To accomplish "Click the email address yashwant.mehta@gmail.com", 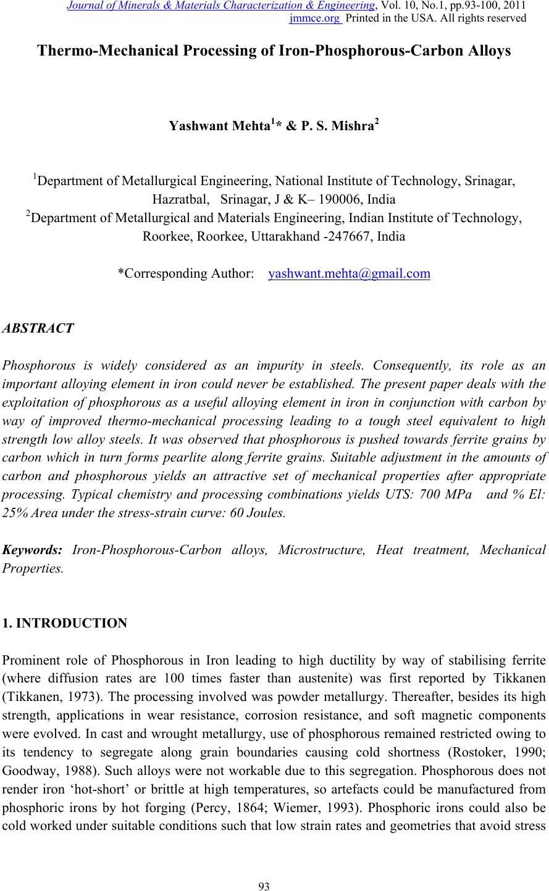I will tap(350, 273).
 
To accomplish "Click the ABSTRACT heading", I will tap(38, 328).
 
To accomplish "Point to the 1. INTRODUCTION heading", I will tap(65, 623).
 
